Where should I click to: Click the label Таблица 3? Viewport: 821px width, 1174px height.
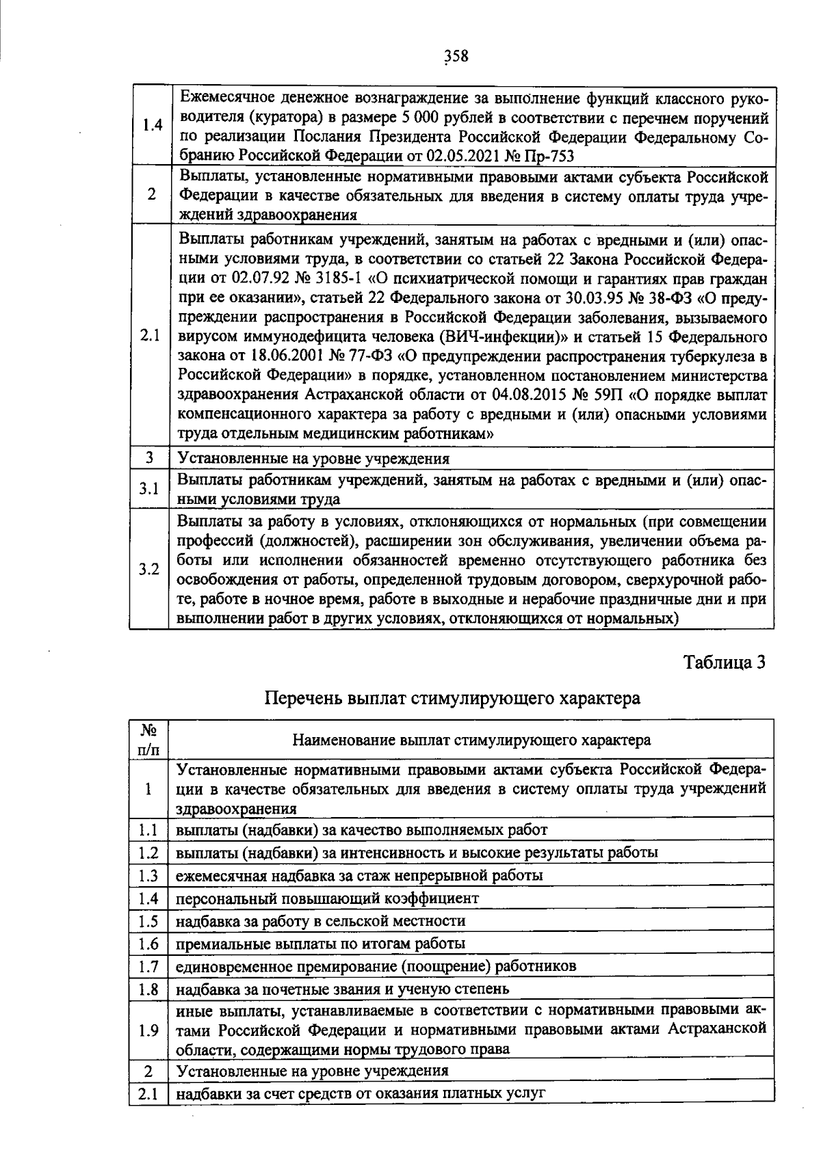pos(723,662)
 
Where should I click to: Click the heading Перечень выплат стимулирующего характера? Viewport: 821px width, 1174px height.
pos(452,698)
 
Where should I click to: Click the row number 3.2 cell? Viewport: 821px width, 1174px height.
pos(149,570)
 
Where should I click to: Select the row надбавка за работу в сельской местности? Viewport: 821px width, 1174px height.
pos(321,920)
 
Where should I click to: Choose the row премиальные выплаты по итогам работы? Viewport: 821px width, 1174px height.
pos(321,944)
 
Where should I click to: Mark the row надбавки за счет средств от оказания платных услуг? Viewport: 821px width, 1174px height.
pos(361,1093)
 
